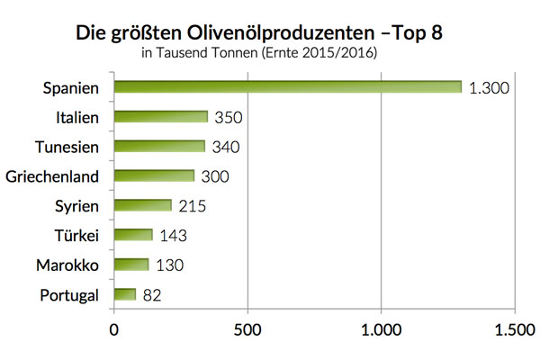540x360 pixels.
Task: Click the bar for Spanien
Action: [x=286, y=87]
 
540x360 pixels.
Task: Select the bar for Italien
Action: [x=160, y=117]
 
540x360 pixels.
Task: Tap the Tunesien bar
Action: [x=158, y=147]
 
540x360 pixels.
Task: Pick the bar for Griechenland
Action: [x=153, y=176]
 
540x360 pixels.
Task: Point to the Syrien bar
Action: [x=141, y=206]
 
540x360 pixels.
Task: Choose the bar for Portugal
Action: [x=124, y=294]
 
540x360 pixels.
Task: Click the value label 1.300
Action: [x=491, y=87]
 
